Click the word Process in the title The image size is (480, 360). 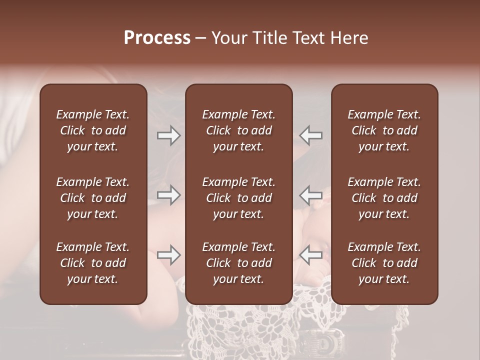157,38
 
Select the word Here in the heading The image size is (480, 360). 349,38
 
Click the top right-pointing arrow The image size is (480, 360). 169,135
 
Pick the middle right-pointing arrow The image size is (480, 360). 169,194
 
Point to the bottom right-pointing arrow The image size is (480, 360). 169,255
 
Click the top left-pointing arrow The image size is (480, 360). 310,135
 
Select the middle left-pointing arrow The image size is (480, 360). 310,194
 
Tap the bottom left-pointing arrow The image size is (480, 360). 310,255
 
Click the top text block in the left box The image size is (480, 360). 93,130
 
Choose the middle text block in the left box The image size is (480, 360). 93,198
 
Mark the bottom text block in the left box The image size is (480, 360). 93,263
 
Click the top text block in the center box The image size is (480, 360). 239,130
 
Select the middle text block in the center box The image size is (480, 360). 239,198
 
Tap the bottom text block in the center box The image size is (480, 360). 239,263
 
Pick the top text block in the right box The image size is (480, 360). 384,130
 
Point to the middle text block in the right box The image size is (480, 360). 384,198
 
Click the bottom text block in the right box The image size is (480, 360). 384,263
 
